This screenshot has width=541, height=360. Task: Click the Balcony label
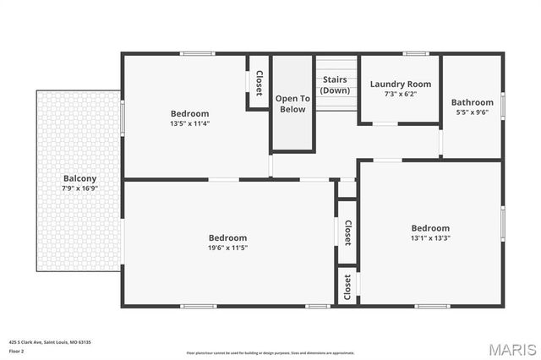[x=79, y=178]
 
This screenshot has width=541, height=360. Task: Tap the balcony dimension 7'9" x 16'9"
[x=79, y=188]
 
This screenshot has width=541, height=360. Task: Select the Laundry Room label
[x=401, y=84]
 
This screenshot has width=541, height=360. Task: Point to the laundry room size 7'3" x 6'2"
[x=401, y=93]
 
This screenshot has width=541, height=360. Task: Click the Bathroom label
[x=472, y=102]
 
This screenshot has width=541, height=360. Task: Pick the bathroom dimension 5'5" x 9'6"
[x=472, y=112]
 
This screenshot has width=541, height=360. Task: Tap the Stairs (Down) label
[x=335, y=85]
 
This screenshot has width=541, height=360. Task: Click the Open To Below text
[x=292, y=103]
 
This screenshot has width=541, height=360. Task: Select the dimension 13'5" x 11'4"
[x=189, y=123]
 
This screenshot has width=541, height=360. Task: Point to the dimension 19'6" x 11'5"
[x=228, y=248]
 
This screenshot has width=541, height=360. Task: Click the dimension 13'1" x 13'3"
[x=430, y=237]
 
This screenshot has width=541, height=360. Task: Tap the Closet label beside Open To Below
[x=259, y=83]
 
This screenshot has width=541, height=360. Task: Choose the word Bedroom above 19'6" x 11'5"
[x=228, y=237]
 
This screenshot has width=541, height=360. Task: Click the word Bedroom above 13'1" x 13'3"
[x=430, y=228]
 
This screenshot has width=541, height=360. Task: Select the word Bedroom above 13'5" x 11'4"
[x=189, y=113]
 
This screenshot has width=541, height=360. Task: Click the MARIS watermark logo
[x=511, y=349]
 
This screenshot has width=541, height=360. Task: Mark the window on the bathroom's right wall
[x=503, y=105]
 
